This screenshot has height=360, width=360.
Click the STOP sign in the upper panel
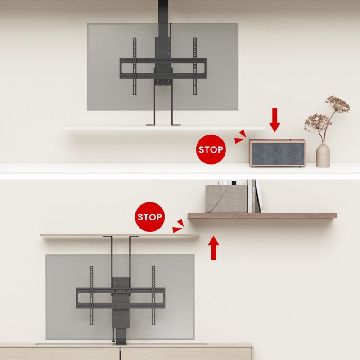tap(211, 149)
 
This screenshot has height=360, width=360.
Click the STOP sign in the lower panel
tap(150, 217)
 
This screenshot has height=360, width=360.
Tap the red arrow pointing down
tap(274, 120)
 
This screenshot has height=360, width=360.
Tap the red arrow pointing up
tap(213, 248)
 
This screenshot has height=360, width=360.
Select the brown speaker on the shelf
tap(277, 153)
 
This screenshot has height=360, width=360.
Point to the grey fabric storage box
tap(226, 199)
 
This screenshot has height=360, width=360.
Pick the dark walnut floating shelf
tap(262, 216)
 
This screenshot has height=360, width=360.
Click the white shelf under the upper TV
tap(163, 127)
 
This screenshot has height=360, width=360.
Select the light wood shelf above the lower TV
tap(120, 235)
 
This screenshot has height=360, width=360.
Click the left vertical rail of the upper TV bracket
tap(135, 66)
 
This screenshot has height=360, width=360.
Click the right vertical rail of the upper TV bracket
tap(195, 66)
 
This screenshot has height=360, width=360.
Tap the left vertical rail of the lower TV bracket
tap(91, 296)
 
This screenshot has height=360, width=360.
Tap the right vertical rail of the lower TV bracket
tap(153, 296)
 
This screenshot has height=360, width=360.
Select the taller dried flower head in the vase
tap(337, 105)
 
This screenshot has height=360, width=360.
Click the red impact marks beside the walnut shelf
tap(178, 226)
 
